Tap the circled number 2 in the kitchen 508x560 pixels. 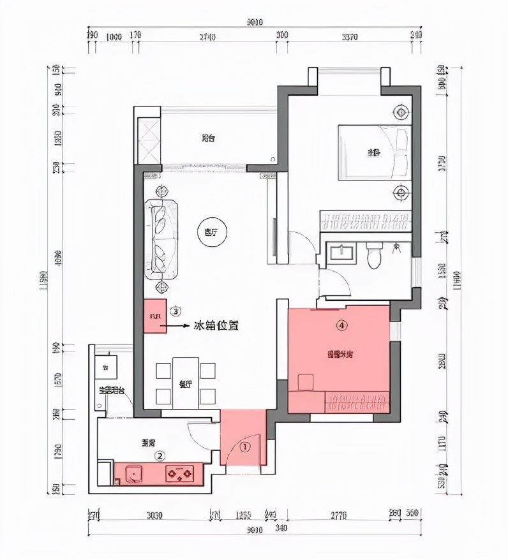click(161, 455)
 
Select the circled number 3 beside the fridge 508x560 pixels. click(176, 311)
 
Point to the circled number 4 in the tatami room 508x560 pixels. click(342, 325)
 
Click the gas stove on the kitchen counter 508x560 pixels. click(181, 474)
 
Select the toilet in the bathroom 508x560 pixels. click(375, 256)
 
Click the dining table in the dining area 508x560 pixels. click(186, 384)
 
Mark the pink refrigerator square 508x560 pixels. click(154, 316)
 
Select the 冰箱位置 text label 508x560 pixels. click(216, 325)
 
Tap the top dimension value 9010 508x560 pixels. click(255, 24)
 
